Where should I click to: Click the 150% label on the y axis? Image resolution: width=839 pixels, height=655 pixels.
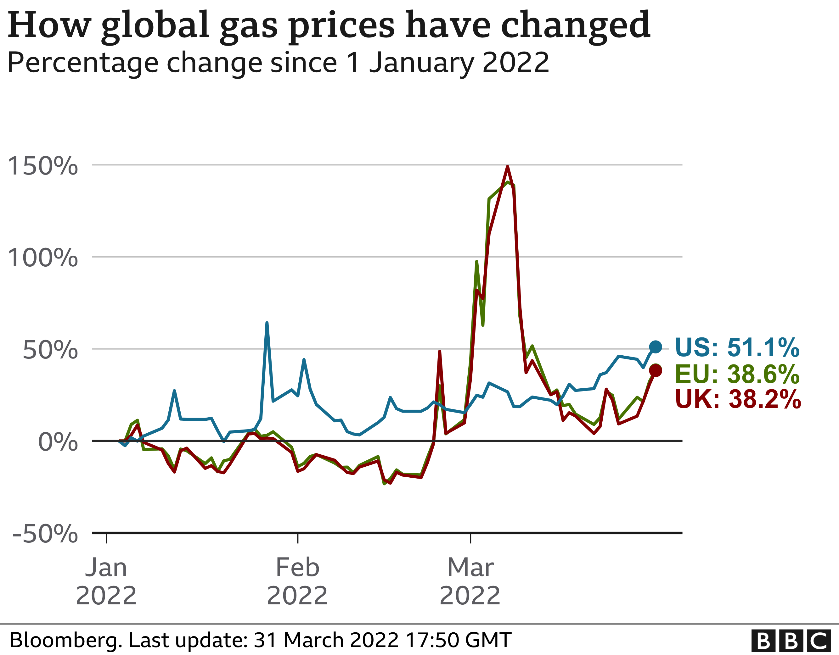point(42,166)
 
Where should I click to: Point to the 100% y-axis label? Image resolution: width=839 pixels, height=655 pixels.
point(42,258)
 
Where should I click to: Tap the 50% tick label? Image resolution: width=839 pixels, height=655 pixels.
point(50,350)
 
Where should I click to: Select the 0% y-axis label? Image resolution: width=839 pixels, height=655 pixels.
point(58,442)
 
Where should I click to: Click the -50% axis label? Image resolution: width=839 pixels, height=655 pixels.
point(45,534)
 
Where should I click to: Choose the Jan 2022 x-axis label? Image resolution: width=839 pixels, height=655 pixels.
point(106,581)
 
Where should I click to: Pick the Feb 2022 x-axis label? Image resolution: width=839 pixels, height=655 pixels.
point(297,581)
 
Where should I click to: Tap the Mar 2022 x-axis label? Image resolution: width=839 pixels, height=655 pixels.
point(470,581)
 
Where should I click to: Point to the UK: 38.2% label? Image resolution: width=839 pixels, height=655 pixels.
point(738,399)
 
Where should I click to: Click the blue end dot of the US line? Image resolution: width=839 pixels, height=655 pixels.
point(656,347)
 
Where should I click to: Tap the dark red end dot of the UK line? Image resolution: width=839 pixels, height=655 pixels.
point(656,370)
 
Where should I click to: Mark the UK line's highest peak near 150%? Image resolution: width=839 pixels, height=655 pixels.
point(508,167)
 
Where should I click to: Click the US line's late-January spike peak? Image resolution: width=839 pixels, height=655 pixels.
point(267,323)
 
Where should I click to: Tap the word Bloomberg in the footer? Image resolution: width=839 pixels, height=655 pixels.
point(65,640)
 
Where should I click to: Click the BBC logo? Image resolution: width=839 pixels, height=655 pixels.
point(794,641)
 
